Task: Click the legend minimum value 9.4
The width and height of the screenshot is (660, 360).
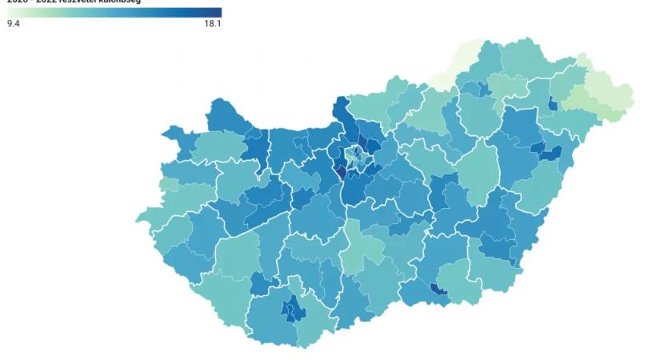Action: pyautogui.click(x=13, y=24)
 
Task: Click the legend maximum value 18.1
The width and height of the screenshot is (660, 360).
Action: pyautogui.click(x=213, y=24)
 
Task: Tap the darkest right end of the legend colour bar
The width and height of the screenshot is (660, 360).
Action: pyautogui.click(x=218, y=12)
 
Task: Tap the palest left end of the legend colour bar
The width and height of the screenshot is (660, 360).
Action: pyautogui.click(x=10, y=12)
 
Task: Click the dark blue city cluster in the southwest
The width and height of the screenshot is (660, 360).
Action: pyautogui.click(x=291, y=308)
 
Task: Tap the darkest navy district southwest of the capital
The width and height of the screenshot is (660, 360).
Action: pyautogui.click(x=338, y=172)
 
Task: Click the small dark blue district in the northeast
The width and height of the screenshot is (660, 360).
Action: pyautogui.click(x=553, y=103)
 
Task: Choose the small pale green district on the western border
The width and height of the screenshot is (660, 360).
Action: pyautogui.click(x=168, y=186)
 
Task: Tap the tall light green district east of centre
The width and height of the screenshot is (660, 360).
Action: pyautogui.click(x=480, y=172)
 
